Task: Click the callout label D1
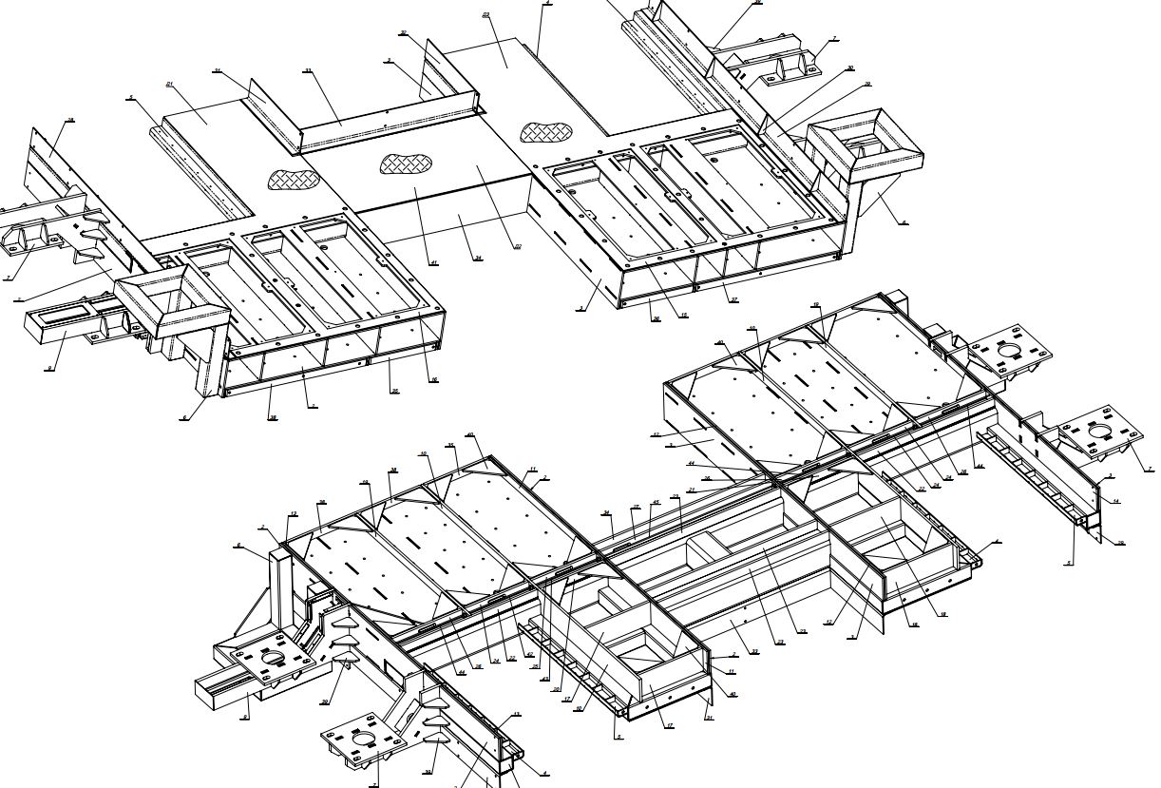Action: [170, 85]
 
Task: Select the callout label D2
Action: [518, 247]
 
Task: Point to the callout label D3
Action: [486, 15]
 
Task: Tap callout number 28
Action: [70, 121]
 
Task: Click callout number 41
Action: [433, 262]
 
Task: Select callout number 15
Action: [683, 316]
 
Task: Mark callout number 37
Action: [733, 300]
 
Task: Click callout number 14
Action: [1116, 500]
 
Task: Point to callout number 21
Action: [692, 490]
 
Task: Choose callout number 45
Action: [655, 503]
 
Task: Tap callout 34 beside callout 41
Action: [478, 258]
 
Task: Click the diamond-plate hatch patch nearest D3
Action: [546, 132]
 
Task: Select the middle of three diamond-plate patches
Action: [401, 164]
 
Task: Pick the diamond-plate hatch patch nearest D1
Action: [293, 178]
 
